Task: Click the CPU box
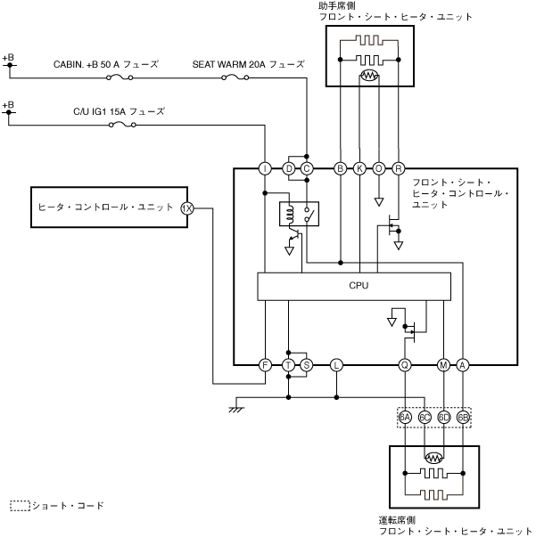coord(354,287)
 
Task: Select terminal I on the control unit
coord(265,168)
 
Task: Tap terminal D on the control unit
coord(288,168)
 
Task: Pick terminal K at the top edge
coord(359,168)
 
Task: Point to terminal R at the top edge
coord(398,168)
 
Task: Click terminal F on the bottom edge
coord(265,365)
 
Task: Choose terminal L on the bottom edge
coord(336,365)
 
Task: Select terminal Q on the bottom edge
coord(404,365)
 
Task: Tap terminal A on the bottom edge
coord(463,365)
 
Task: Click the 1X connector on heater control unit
coord(187,208)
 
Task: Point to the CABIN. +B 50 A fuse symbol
coord(120,78)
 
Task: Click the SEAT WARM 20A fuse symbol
coord(235,78)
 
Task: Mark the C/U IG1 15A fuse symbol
coord(120,125)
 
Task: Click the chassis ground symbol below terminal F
coord(236,407)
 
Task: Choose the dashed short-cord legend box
coord(20,506)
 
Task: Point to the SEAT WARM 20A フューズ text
coord(248,64)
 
